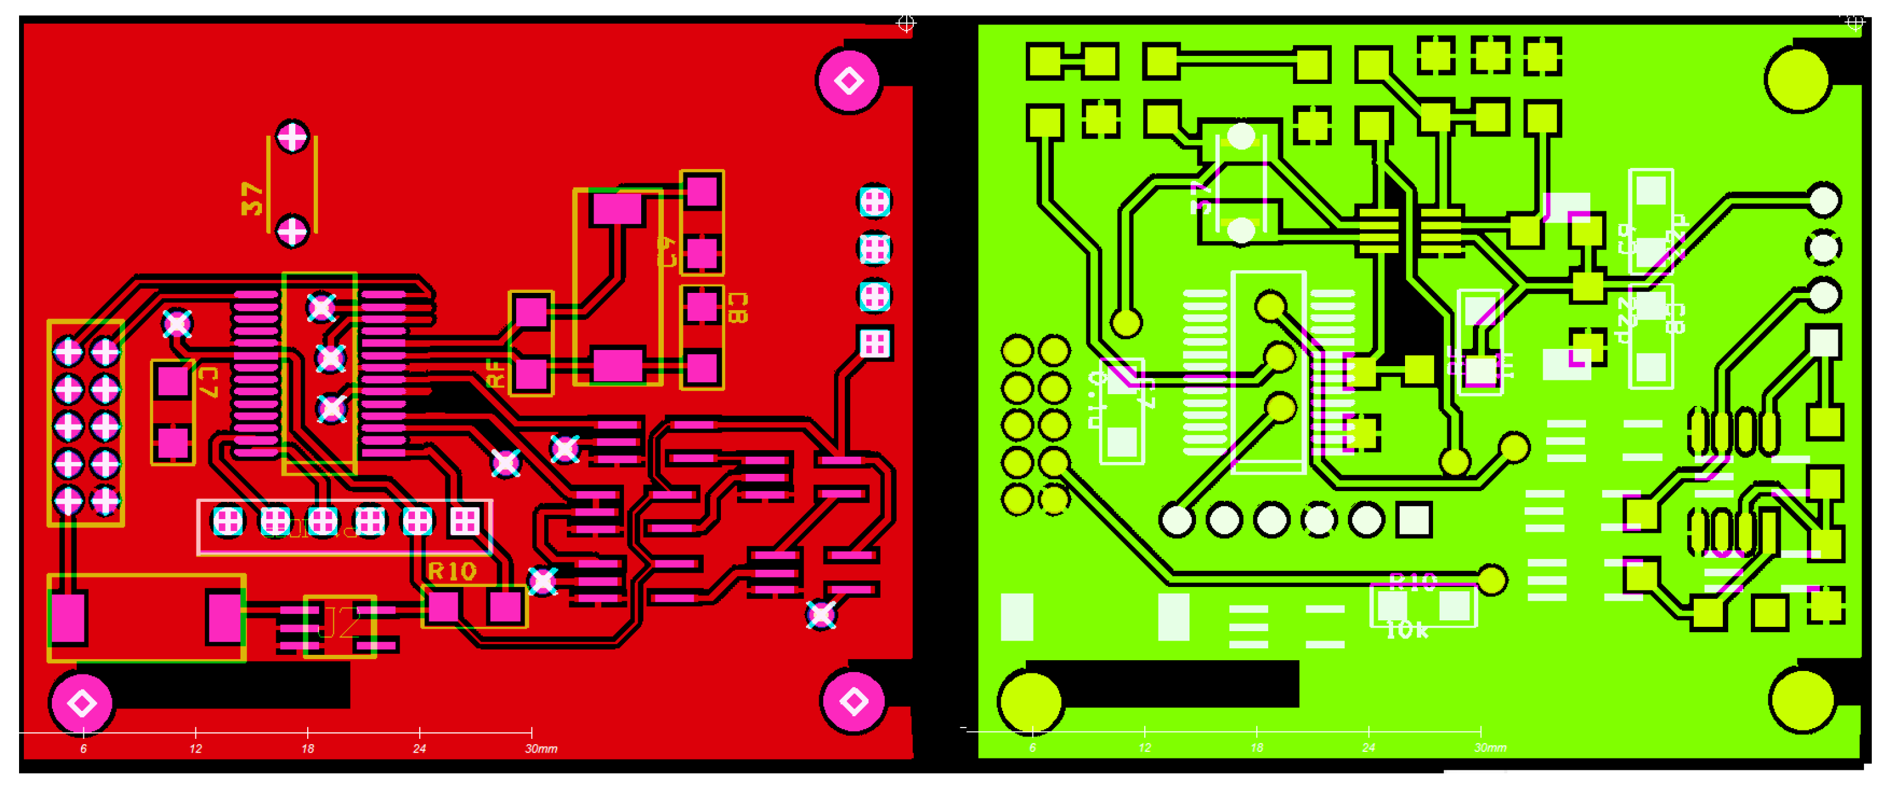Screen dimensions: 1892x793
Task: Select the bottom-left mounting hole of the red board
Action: (x=82, y=703)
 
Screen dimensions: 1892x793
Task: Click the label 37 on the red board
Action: (x=252, y=198)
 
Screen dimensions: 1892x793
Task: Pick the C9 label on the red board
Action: (x=666, y=251)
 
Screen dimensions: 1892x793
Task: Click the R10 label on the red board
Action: (x=452, y=572)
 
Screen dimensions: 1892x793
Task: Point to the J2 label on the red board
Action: (x=340, y=623)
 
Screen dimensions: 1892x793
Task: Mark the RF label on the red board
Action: (x=497, y=373)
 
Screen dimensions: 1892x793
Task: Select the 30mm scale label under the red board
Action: (x=541, y=748)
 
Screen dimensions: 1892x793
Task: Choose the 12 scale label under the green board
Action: (x=1144, y=748)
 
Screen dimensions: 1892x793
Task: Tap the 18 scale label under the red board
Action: (x=307, y=748)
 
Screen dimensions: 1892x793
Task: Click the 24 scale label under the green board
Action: (x=1368, y=748)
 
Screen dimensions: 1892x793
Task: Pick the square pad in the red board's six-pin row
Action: (x=465, y=522)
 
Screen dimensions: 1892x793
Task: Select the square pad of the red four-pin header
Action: (x=874, y=343)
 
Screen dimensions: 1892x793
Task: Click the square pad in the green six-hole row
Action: (x=1413, y=520)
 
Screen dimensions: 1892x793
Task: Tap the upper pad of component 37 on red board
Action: (x=292, y=136)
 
